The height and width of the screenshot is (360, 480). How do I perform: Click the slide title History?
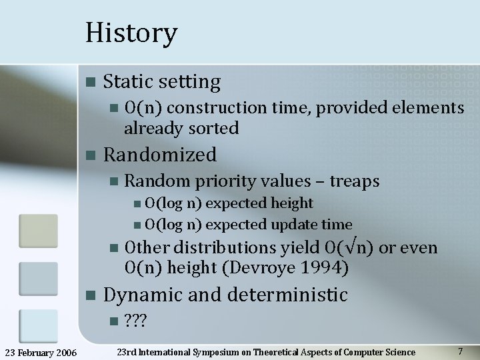[x=131, y=33]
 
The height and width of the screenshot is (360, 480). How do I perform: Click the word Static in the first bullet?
[x=128, y=82]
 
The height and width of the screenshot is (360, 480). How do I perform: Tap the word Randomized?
[x=160, y=155]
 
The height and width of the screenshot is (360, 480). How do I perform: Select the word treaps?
[x=355, y=181]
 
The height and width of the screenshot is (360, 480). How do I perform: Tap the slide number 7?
[x=460, y=351]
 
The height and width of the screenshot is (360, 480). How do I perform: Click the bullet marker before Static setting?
[x=91, y=83]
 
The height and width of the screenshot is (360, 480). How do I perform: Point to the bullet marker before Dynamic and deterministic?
[x=91, y=295]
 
